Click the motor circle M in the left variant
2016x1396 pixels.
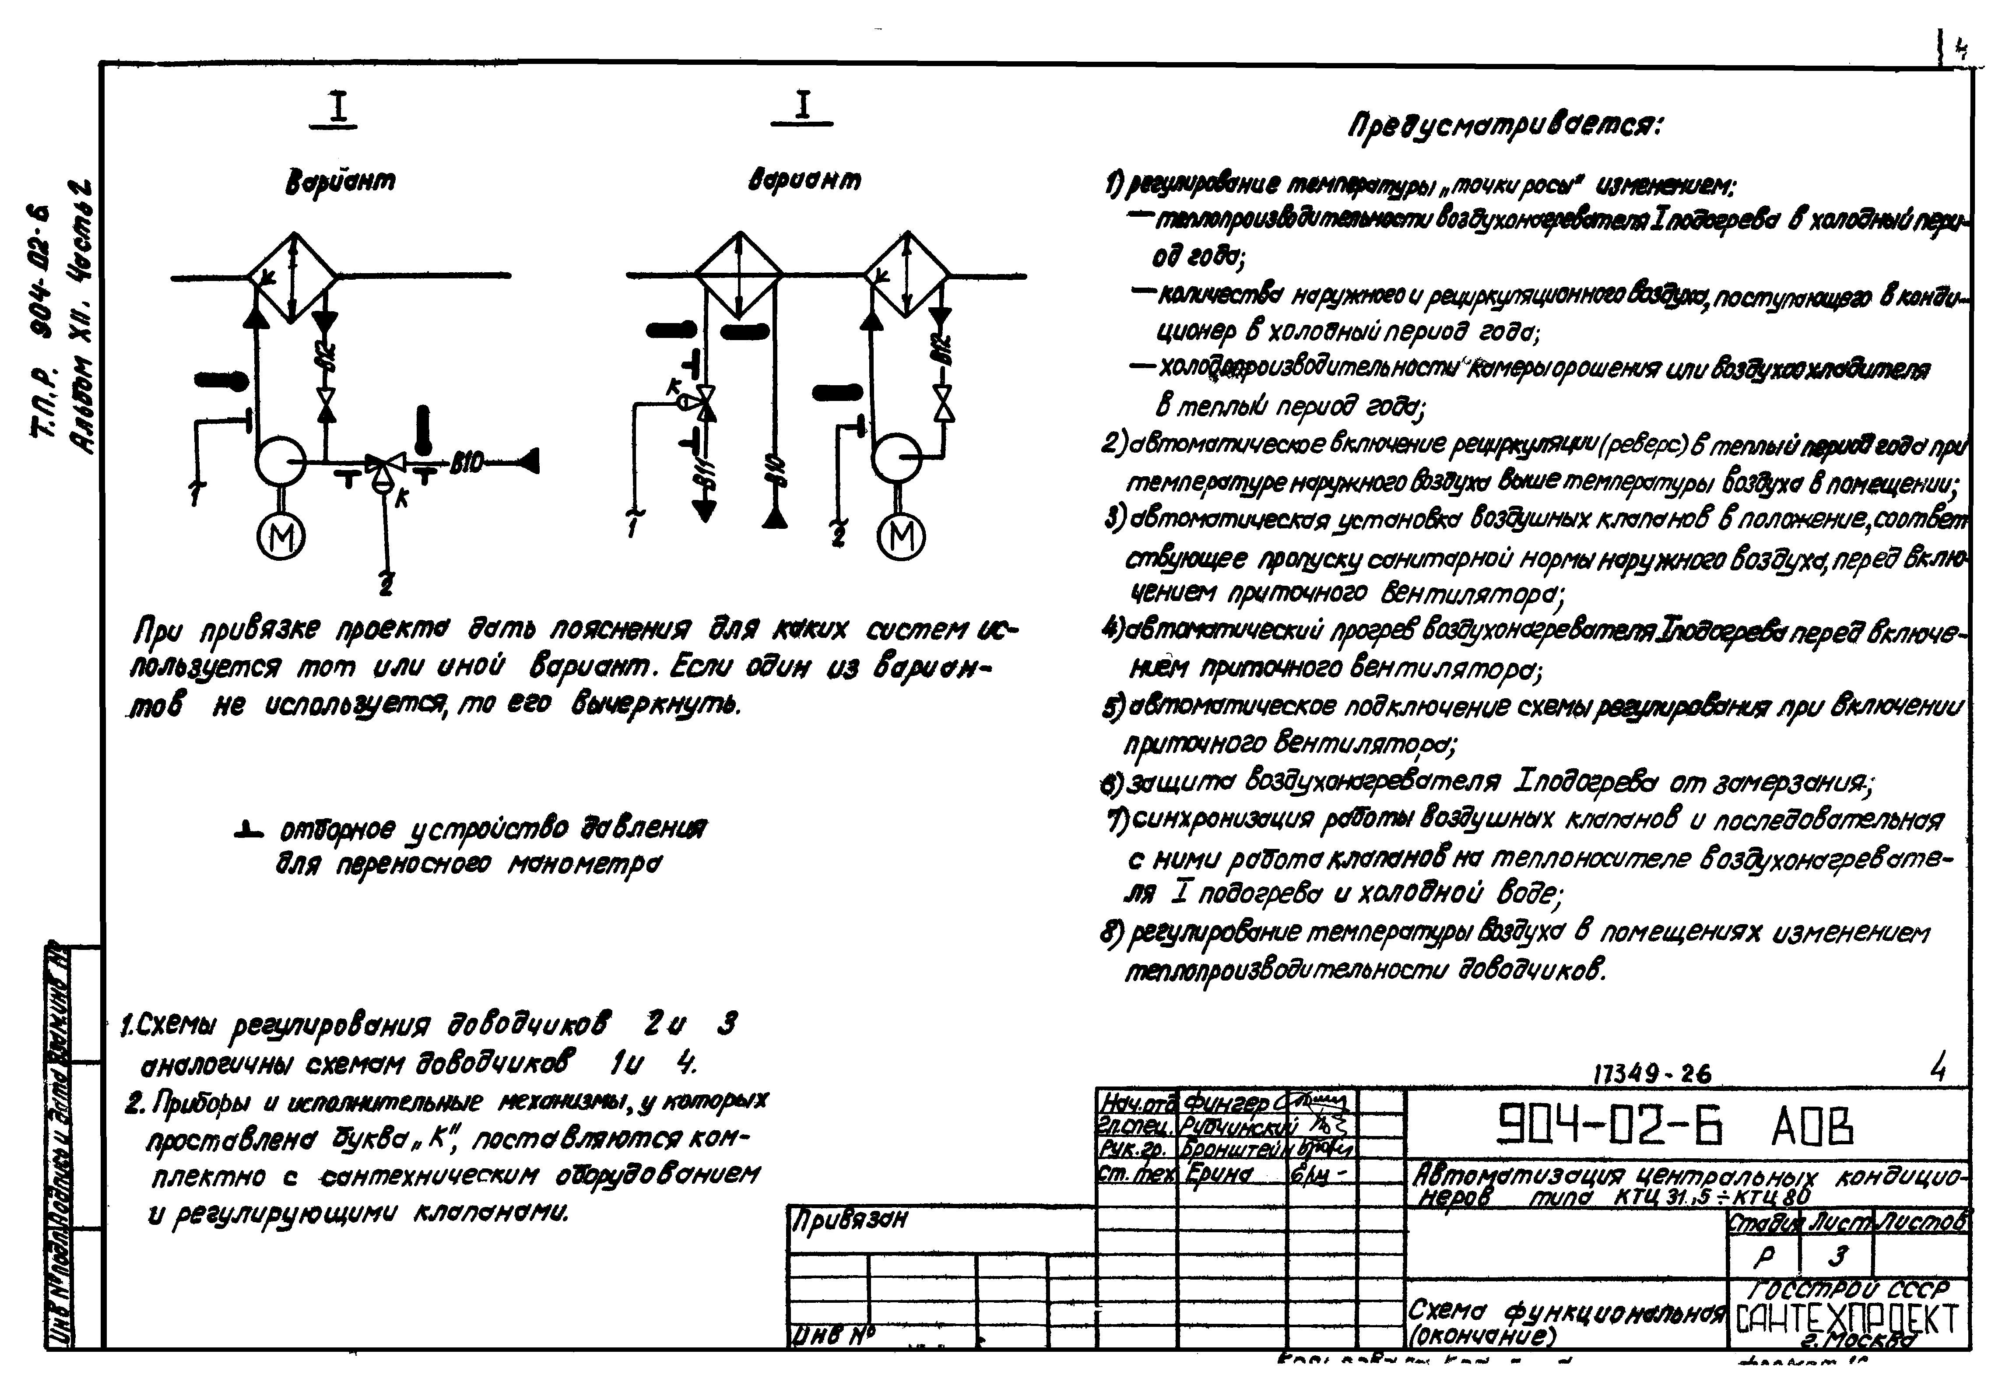281,536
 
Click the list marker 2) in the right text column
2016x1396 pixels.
1113,444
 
